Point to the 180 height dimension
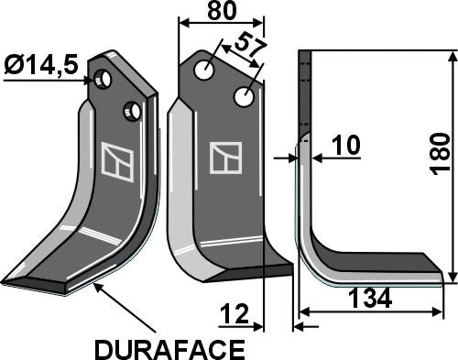pyautogui.click(x=441, y=151)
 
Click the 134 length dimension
pyautogui.click(x=370, y=299)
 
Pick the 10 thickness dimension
pyautogui.click(x=345, y=146)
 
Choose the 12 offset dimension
pyautogui.click(x=234, y=317)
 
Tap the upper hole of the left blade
pyautogui.click(x=106, y=80)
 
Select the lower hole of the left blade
pyautogui.click(x=133, y=111)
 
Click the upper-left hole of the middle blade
pyautogui.click(x=209, y=69)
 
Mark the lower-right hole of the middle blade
pyautogui.click(x=244, y=96)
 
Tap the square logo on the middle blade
pyautogui.click(x=224, y=158)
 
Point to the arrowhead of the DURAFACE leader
pyautogui.click(x=95, y=288)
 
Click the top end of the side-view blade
pyautogui.click(x=306, y=57)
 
